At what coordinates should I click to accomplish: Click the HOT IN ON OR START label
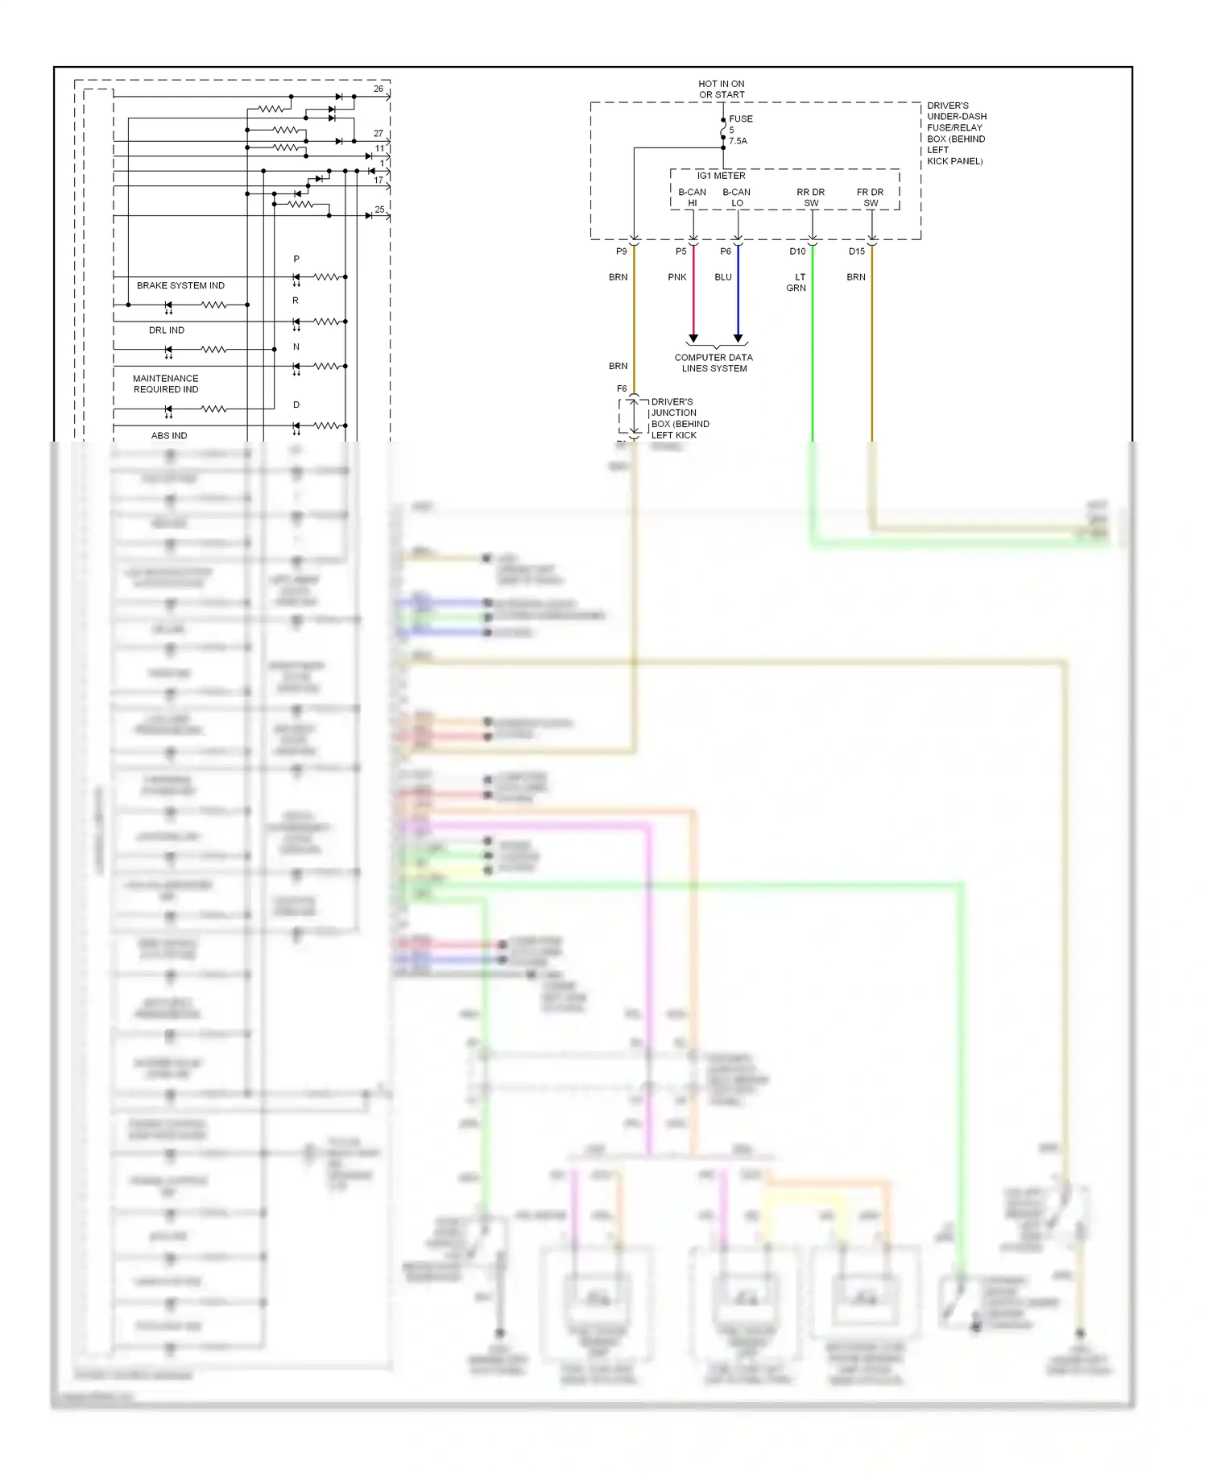721,89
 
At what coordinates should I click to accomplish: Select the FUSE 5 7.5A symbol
723,130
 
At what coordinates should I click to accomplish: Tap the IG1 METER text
721,176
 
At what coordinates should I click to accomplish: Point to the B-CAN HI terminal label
692,197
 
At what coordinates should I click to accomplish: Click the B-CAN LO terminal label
736,197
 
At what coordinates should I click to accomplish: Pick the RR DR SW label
810,197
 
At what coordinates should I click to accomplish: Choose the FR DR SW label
870,197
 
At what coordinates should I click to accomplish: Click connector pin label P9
621,251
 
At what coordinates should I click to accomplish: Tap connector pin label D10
797,251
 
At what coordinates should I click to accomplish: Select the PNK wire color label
676,277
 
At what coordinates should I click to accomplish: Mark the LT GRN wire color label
796,282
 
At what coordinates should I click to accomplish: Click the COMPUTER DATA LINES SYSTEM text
714,363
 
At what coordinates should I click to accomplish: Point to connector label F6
622,388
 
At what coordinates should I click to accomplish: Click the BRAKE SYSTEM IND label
180,285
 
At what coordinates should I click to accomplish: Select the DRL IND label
166,330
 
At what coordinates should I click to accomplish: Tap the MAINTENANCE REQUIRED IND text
166,384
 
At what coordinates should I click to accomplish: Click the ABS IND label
169,435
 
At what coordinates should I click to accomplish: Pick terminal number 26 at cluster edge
379,89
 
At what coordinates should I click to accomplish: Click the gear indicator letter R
296,301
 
